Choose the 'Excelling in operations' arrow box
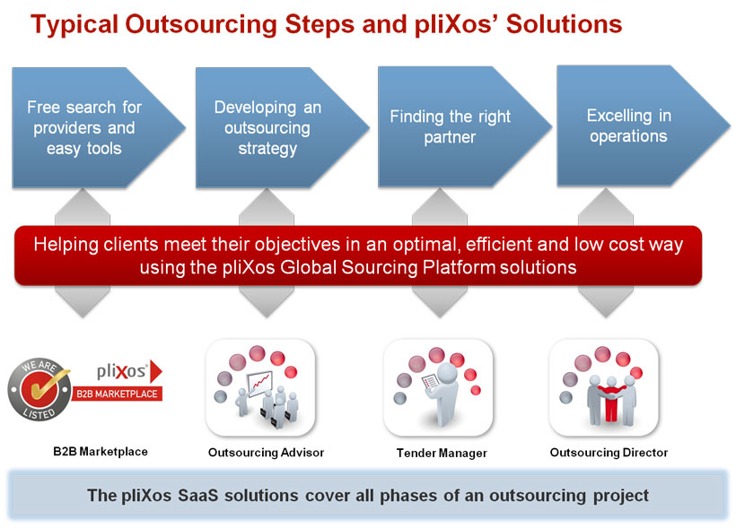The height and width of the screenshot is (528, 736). tap(638, 126)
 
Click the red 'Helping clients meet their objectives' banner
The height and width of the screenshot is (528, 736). tap(358, 255)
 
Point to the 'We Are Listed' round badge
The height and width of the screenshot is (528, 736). tap(39, 389)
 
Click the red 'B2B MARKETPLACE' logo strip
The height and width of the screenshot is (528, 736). tap(117, 394)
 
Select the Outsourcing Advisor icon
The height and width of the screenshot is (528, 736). tap(260, 388)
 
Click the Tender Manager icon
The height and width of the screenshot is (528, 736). tap(438, 388)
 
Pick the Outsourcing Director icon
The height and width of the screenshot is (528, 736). tap(604, 388)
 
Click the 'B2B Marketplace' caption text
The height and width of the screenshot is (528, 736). tap(101, 452)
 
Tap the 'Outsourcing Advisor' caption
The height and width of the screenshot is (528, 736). tap(267, 453)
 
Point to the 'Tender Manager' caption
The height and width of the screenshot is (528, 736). tap(442, 453)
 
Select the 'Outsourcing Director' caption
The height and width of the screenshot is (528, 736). tap(609, 453)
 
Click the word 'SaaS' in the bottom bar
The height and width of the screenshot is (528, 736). tap(198, 496)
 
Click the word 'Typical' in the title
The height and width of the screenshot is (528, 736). tap(74, 25)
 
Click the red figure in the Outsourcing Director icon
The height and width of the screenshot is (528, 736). tap(610, 402)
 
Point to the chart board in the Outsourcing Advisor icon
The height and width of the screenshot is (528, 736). tap(259, 384)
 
